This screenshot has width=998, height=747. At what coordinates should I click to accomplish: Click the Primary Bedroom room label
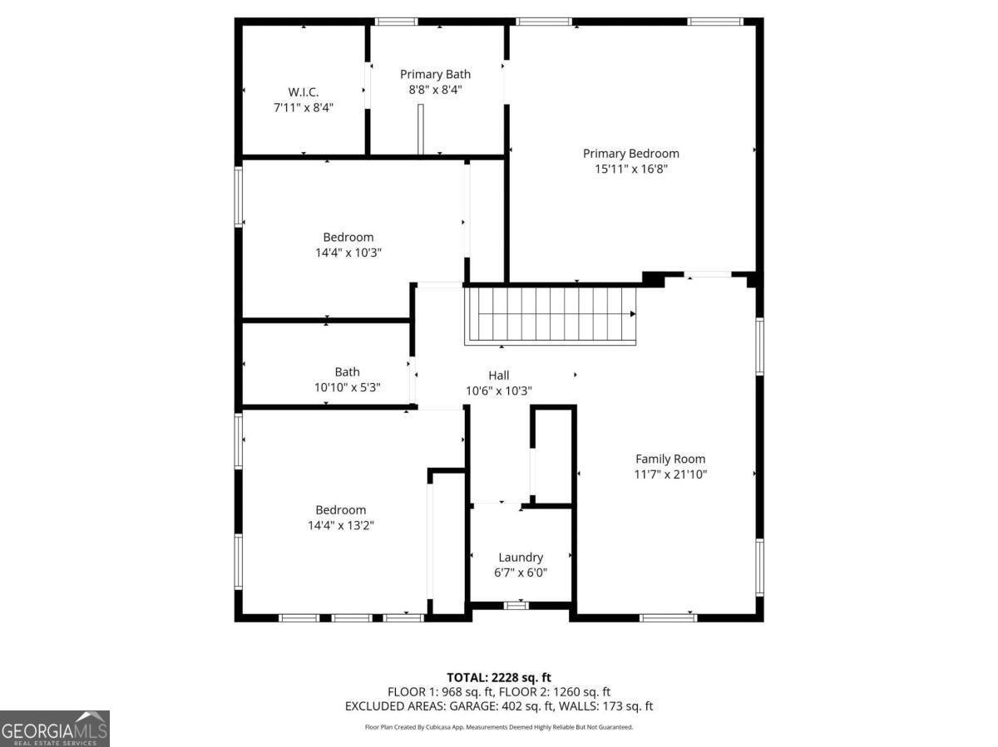click(630, 154)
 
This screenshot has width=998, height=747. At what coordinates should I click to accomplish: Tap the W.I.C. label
click(304, 92)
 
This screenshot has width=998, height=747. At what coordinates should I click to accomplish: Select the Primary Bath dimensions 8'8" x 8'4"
click(435, 90)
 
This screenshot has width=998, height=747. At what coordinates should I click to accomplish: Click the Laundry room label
click(521, 558)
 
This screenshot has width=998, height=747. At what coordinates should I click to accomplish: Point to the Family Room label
click(670, 459)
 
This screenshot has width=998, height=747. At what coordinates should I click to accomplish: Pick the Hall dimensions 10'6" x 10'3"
click(499, 391)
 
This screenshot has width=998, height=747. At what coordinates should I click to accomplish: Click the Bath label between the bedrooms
click(348, 372)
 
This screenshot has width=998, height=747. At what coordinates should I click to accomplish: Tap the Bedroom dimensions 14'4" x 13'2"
click(340, 525)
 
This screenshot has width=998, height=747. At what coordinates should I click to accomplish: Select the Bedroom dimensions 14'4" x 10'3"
click(348, 253)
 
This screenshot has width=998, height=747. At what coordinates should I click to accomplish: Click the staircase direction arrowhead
click(633, 314)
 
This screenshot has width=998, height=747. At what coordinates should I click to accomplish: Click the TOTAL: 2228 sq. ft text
click(499, 678)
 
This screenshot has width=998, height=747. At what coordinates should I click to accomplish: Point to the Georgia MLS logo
click(55, 729)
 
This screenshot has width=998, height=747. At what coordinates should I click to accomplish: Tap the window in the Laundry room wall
click(516, 606)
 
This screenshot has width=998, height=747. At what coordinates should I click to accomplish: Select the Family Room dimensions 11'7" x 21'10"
click(670, 474)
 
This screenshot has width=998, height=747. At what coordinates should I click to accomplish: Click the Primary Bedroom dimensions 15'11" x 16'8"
click(630, 169)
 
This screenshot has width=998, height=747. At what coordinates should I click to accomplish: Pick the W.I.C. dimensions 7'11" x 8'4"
click(304, 108)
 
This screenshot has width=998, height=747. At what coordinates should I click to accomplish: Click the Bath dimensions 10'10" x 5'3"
click(348, 387)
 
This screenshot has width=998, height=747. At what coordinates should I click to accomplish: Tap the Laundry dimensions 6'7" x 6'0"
click(521, 573)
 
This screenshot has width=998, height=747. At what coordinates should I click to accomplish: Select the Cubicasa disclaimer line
click(499, 727)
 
